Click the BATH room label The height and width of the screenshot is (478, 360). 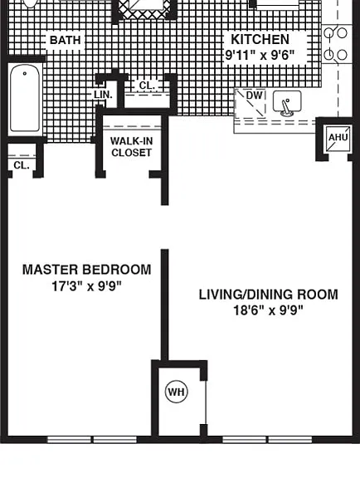pyautogui.click(x=65, y=40)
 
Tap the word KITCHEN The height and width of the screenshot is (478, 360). pyautogui.click(x=260, y=39)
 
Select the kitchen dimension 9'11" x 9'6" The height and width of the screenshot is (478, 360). pyautogui.click(x=260, y=55)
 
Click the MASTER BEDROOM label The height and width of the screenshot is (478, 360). pyautogui.click(x=87, y=270)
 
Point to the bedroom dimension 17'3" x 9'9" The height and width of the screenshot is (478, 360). pyautogui.click(x=86, y=286)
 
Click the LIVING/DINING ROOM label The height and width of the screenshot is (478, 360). pyautogui.click(x=268, y=295)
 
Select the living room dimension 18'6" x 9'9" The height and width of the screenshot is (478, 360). pyautogui.click(x=268, y=310)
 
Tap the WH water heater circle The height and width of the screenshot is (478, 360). pyautogui.click(x=176, y=392)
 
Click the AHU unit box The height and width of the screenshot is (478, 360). pyautogui.click(x=338, y=139)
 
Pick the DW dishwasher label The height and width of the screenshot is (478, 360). pyautogui.click(x=254, y=95)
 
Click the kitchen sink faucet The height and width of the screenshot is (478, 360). pyautogui.click(x=286, y=107)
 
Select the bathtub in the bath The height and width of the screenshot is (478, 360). pyautogui.click(x=25, y=98)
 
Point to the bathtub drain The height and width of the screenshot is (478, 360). pyautogui.click(x=25, y=74)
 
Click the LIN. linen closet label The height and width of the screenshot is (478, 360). pyautogui.click(x=103, y=95)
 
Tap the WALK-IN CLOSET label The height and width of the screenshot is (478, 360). pyautogui.click(x=131, y=147)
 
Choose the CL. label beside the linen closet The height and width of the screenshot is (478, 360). pyautogui.click(x=147, y=85)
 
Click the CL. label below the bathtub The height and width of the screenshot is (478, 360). pyautogui.click(x=22, y=165)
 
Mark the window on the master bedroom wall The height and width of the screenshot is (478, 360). pyautogui.click(x=92, y=440)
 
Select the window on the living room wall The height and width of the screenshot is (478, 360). pyautogui.click(x=267, y=440)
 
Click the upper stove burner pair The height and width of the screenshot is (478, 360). pyautogui.click(x=336, y=32)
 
